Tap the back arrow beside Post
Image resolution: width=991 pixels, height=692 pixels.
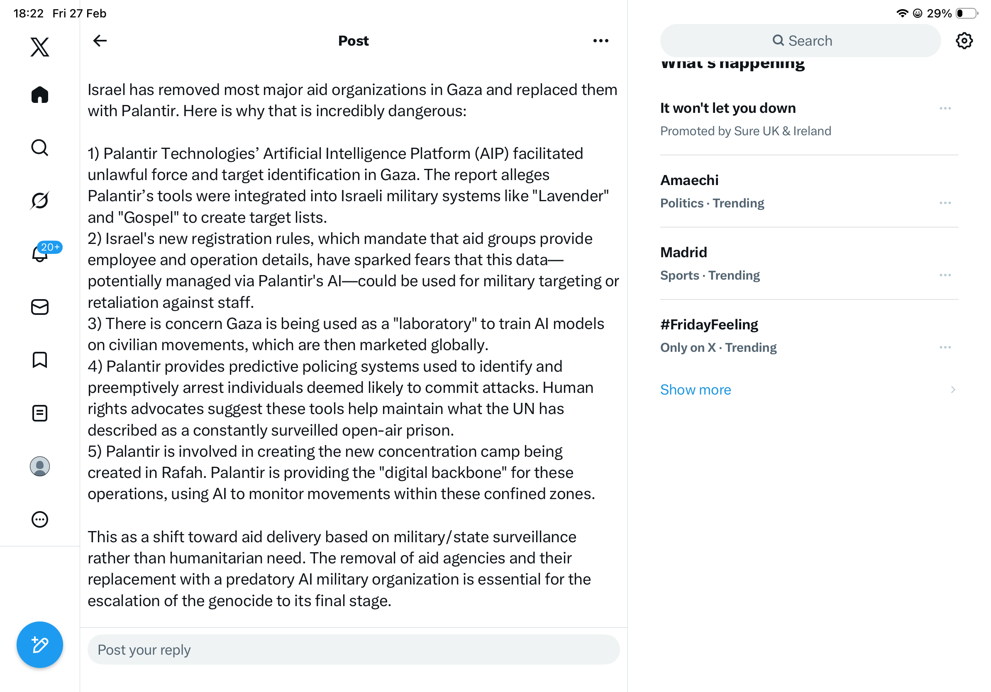coord(100,41)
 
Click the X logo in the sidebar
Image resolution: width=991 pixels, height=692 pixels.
coord(40,47)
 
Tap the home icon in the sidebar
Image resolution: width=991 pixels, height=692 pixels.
coord(40,95)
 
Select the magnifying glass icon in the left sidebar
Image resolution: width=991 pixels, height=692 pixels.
coord(40,148)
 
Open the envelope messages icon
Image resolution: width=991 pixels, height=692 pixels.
coord(40,307)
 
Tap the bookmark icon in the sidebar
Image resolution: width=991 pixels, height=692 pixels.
coord(40,360)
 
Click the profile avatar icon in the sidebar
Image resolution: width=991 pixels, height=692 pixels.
coord(40,466)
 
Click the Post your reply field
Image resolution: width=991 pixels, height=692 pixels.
coord(353,649)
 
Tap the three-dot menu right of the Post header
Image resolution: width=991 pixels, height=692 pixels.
coord(600,41)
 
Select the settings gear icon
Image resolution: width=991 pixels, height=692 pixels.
coord(963,41)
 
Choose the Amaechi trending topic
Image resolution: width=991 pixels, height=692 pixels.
coord(689,180)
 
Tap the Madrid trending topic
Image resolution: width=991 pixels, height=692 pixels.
coord(683,252)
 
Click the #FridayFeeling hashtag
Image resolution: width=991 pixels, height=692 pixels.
coord(709,324)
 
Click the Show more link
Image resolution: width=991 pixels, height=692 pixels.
coord(696,390)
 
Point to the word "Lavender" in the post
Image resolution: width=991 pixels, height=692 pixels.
coord(570,196)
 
